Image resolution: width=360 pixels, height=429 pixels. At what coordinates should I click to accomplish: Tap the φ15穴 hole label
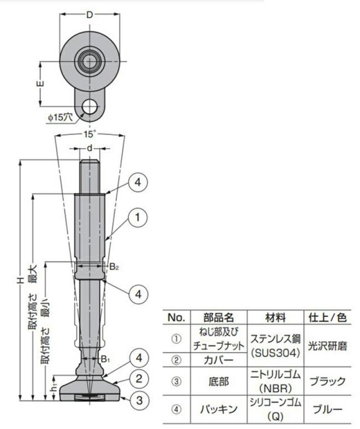point(60,117)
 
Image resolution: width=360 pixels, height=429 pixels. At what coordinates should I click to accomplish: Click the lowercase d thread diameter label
point(89,148)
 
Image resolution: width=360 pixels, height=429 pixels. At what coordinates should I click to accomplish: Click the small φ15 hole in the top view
point(89,106)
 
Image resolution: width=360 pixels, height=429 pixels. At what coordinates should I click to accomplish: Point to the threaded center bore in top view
point(89,60)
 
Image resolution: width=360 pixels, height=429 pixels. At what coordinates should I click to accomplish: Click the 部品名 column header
point(218,317)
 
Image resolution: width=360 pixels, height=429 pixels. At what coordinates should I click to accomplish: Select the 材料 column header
point(275,317)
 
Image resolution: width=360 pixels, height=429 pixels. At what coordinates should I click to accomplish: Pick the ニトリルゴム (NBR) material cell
point(275,381)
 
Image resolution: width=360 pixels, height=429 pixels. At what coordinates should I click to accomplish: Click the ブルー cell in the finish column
point(328,409)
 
